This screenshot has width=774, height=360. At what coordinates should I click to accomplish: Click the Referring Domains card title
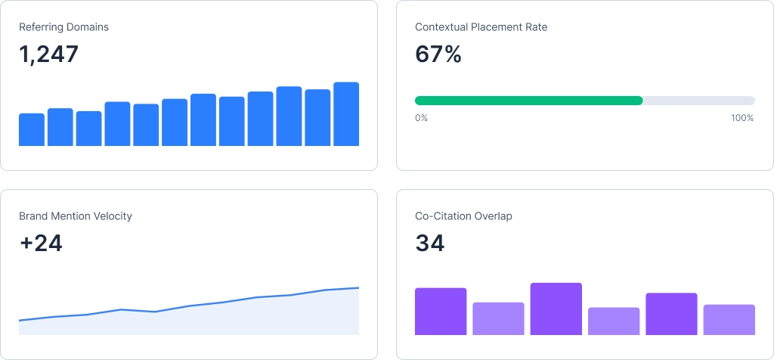[x=63, y=27]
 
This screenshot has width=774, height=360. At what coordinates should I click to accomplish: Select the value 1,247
[x=48, y=54]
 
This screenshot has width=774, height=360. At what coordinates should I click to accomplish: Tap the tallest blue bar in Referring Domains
[x=346, y=114]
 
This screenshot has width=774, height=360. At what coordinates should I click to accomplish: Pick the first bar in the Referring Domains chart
[x=32, y=130]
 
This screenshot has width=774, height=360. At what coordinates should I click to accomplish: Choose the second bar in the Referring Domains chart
[x=60, y=127]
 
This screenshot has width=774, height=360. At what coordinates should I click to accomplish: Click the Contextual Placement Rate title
[x=481, y=27]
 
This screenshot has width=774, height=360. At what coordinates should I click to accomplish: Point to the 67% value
[x=438, y=54]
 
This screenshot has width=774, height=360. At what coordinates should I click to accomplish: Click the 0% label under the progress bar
[x=421, y=118]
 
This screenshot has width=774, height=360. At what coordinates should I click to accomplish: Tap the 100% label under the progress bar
[x=742, y=118]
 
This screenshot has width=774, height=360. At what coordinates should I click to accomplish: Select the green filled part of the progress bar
[x=529, y=101]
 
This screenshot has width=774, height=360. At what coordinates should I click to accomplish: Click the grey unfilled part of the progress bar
[x=698, y=101]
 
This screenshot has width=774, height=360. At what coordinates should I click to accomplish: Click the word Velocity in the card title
[x=112, y=216]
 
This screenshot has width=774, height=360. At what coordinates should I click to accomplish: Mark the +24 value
[x=41, y=244]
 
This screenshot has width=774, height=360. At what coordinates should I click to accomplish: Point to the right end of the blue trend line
[x=358, y=287]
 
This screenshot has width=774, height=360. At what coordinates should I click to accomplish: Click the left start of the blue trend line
[x=20, y=321]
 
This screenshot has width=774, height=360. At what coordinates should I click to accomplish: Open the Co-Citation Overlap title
[x=463, y=216]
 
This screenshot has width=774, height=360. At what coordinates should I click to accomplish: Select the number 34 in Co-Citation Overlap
[x=430, y=244]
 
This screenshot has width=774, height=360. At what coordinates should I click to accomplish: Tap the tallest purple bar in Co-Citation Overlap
[x=556, y=309]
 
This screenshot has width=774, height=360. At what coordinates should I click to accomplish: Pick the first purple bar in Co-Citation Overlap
[x=441, y=312]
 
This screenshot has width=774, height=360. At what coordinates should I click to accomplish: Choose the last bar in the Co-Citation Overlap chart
[x=729, y=320]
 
